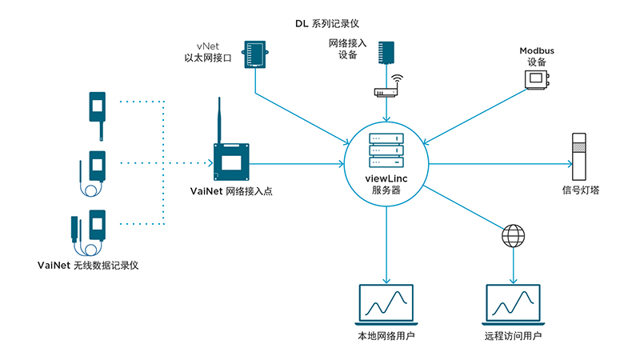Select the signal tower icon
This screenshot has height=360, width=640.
pyautogui.click(x=578, y=159)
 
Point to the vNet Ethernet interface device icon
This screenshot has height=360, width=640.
pyautogui.click(x=257, y=54)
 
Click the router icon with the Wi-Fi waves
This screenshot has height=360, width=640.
pyautogui.click(x=387, y=89)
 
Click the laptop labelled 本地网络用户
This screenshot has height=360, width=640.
pyautogui.click(x=387, y=305)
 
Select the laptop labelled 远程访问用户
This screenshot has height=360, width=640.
pyautogui.click(x=514, y=305)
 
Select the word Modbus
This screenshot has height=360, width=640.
pyautogui.click(x=536, y=50)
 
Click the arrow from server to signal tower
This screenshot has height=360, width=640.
pyautogui.click(x=500, y=164)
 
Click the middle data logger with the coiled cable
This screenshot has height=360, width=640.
pyautogui.click(x=95, y=170)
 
